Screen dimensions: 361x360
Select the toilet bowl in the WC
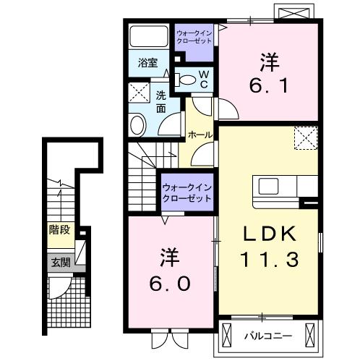coord(187,80)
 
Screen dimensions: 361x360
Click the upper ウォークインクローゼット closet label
coord(194,37)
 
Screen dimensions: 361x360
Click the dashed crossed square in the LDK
coord(306,136)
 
